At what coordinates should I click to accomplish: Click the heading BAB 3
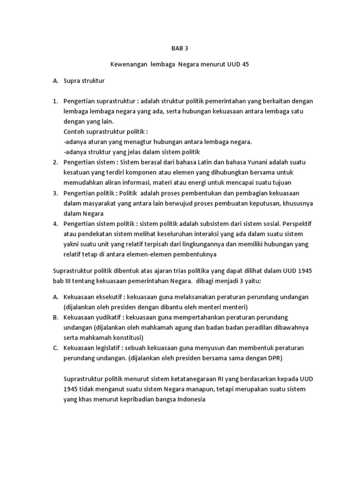(x=179, y=48)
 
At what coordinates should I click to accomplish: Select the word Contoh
(x=74, y=131)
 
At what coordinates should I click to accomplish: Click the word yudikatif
(x=106, y=317)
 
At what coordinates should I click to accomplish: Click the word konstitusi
(x=126, y=337)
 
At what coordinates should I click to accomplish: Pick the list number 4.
(x=55, y=224)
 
